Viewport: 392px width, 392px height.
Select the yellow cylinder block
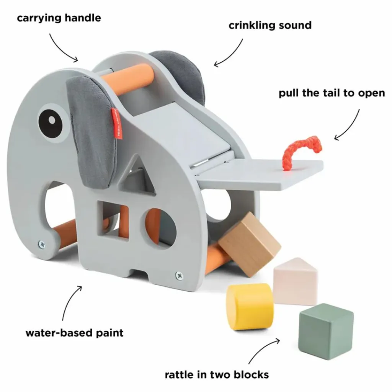[250, 306]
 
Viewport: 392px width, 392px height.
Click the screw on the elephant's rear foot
[179, 275]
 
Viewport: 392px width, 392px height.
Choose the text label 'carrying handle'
[59, 18]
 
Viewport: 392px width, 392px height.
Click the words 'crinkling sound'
[270, 26]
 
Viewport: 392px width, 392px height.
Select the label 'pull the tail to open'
[332, 93]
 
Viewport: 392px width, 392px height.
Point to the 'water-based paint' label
[75, 332]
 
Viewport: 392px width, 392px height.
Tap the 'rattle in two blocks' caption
[217, 374]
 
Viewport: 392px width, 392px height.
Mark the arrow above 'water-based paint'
[71, 302]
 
